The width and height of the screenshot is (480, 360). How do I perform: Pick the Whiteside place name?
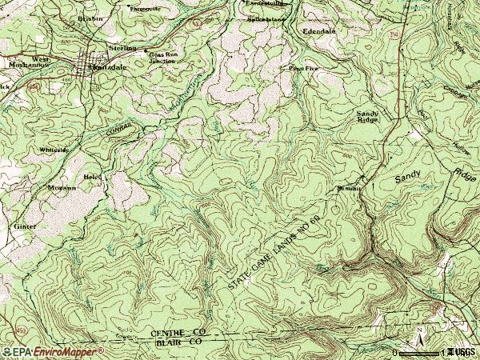[x=54, y=150]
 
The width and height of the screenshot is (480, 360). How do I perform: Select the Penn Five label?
[x=303, y=69]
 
